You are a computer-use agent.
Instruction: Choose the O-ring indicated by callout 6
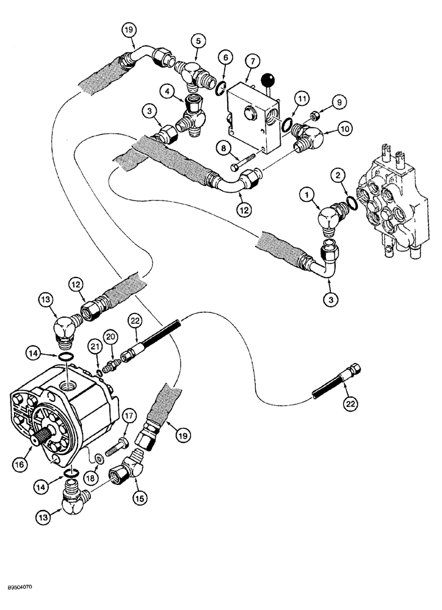click(219, 91)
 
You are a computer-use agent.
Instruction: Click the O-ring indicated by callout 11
click(285, 125)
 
